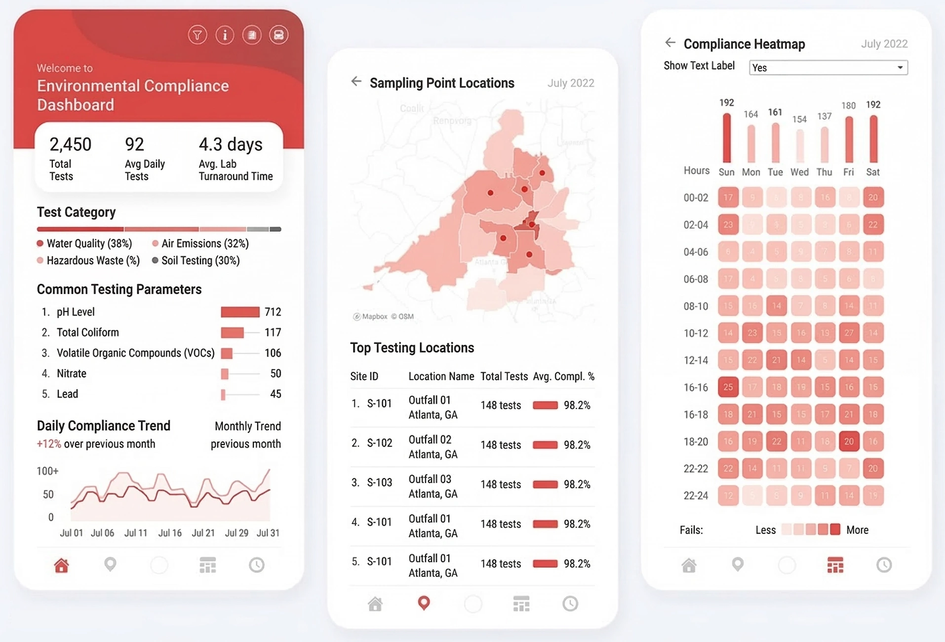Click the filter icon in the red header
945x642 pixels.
(x=197, y=35)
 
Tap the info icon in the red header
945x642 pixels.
(x=225, y=35)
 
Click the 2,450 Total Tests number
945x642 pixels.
(x=70, y=144)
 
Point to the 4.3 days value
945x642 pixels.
(x=231, y=144)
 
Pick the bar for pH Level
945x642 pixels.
(x=240, y=312)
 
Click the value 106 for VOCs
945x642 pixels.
(x=273, y=353)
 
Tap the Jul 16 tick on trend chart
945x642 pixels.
(x=169, y=533)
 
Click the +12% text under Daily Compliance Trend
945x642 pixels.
(x=49, y=444)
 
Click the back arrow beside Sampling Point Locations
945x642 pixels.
(x=356, y=81)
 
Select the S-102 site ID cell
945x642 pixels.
(x=379, y=443)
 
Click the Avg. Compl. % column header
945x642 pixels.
(x=563, y=376)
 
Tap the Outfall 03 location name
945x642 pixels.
(x=430, y=479)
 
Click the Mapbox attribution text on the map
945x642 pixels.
(x=374, y=317)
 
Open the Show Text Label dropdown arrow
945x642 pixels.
(x=900, y=68)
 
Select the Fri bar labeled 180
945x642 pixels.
(x=849, y=139)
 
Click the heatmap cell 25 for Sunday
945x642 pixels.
(x=728, y=387)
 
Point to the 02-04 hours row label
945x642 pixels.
(x=696, y=225)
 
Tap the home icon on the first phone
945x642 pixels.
(x=62, y=565)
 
